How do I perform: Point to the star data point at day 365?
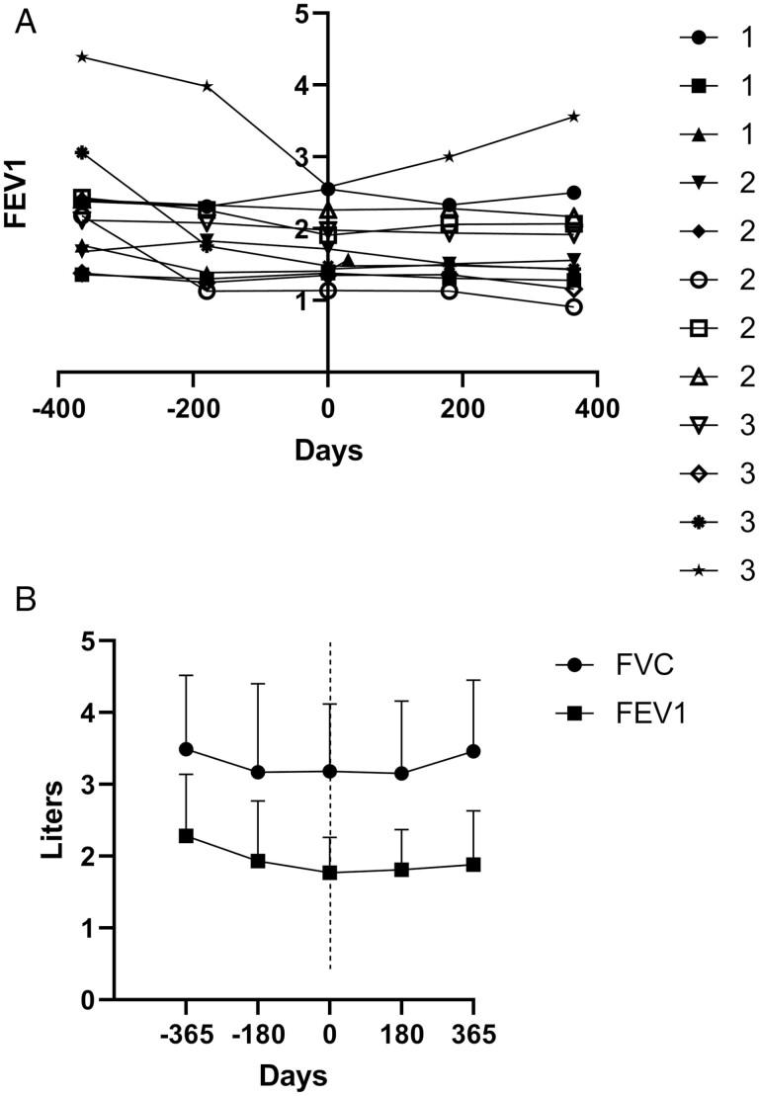(x=573, y=116)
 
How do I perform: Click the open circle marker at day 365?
(x=573, y=307)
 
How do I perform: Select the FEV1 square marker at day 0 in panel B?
(x=329, y=873)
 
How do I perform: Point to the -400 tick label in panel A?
(x=58, y=408)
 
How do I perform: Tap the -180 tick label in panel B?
(x=257, y=1035)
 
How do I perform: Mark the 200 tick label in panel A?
(x=463, y=408)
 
